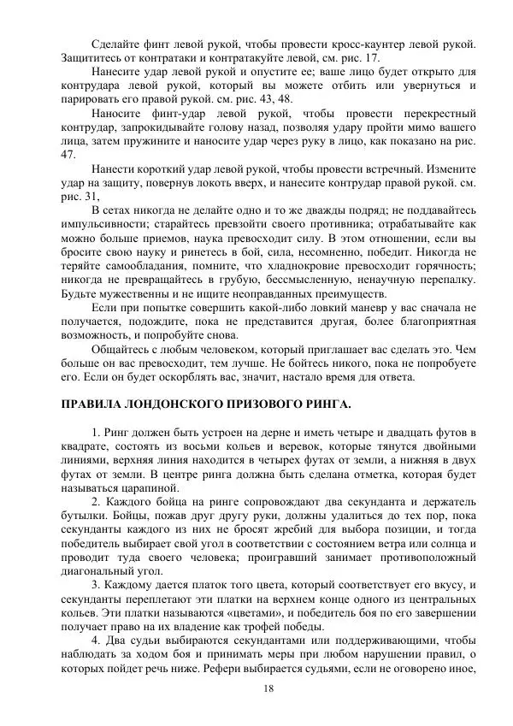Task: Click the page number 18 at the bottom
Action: pos(268,689)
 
